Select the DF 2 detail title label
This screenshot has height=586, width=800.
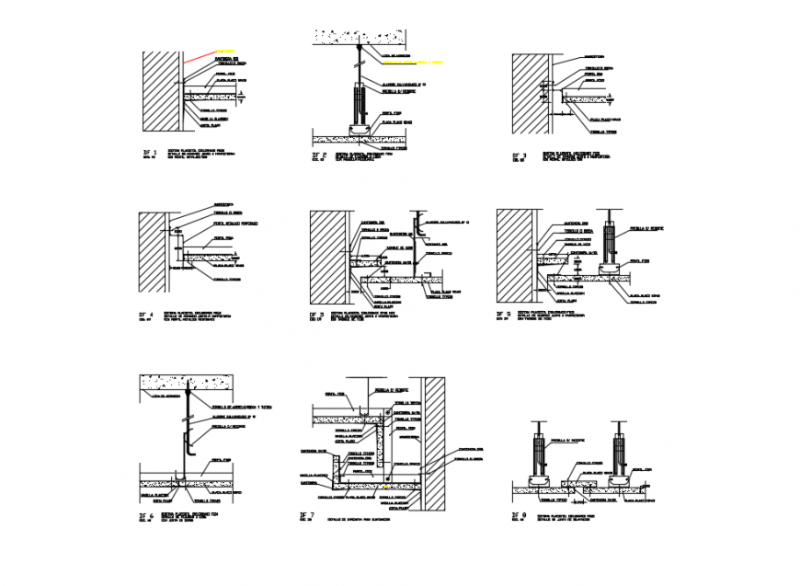[317, 158]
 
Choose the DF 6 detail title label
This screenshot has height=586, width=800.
[145, 517]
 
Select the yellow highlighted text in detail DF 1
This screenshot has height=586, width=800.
[224, 51]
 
